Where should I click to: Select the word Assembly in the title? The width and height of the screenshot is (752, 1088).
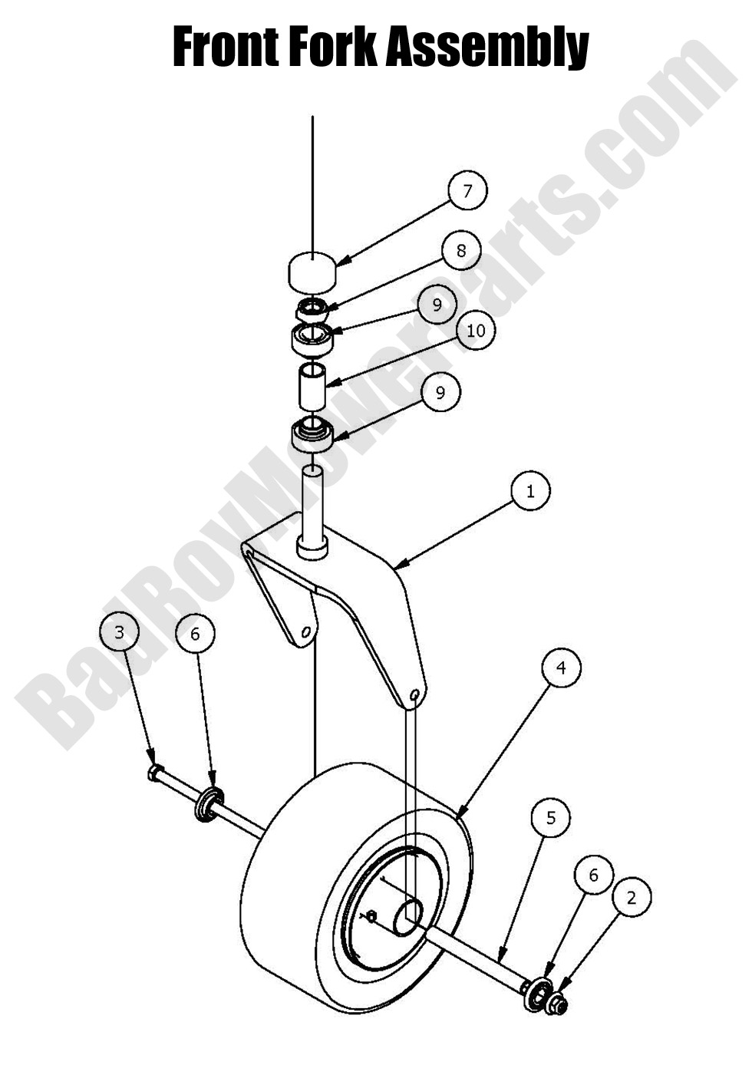486,48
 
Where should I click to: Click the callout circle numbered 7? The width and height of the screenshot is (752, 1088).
467,190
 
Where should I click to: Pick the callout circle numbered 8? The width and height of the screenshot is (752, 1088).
460,250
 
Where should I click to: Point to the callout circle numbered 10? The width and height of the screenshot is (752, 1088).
476,331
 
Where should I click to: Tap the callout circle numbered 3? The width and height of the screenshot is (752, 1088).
119,632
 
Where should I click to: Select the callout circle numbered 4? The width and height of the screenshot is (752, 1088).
561,668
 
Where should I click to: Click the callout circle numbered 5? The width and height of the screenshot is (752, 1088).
551,817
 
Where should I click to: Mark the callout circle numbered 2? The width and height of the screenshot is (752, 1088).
632,897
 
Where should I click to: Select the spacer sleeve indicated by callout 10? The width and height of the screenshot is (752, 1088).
312,387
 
